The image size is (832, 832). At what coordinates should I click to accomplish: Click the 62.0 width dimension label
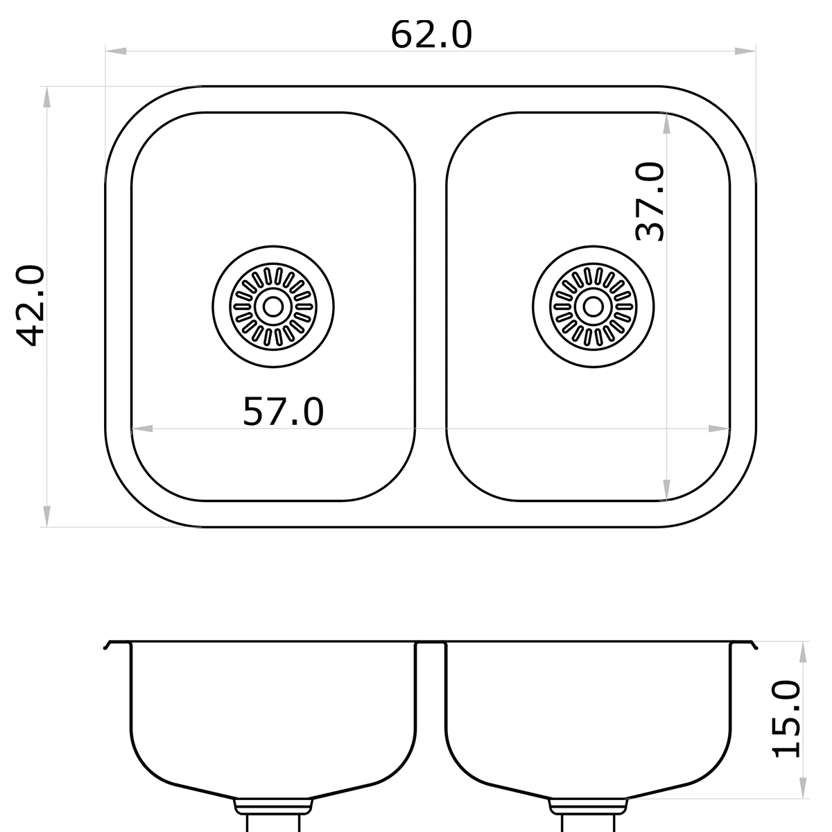[x=431, y=35]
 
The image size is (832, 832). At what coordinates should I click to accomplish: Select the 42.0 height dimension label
[x=31, y=306]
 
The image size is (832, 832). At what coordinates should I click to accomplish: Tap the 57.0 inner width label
[x=283, y=412]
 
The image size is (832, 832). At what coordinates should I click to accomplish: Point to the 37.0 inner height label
[x=650, y=201]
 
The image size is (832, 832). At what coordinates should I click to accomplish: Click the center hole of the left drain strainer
[x=273, y=306]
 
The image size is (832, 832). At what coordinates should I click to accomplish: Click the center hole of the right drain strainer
[x=593, y=306]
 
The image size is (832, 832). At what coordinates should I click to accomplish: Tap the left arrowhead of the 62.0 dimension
[x=116, y=51]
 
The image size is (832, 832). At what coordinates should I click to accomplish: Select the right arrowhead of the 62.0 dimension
[x=745, y=51]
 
